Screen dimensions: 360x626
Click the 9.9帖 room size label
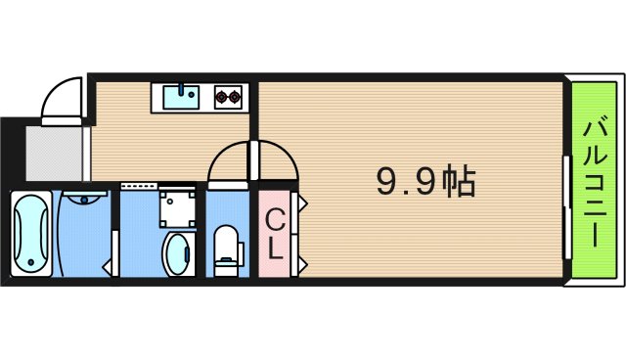click(x=426, y=181)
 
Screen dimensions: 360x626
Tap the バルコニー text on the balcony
click(x=595, y=181)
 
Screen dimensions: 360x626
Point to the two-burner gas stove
click(x=228, y=96)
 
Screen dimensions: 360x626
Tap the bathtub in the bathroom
click(x=31, y=234)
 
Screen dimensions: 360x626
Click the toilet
click(x=227, y=246)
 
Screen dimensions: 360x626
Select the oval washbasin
click(x=178, y=253)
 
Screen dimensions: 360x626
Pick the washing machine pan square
click(x=178, y=206)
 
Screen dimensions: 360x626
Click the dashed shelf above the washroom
click(x=141, y=185)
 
